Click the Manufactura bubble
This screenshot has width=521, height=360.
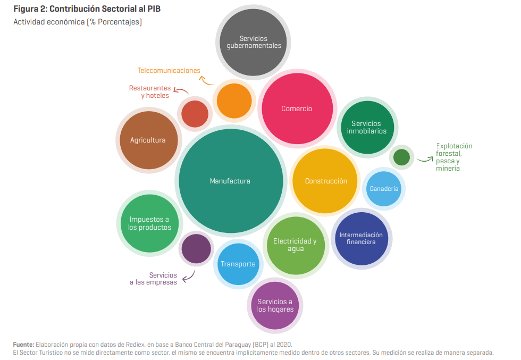[230, 181]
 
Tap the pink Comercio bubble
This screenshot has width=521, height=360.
[297, 108]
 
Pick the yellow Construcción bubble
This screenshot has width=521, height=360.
[325, 181]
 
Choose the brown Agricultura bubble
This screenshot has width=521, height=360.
[148, 140]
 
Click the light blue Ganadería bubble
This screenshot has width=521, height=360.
[383, 188]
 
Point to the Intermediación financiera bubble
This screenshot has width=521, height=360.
[361, 238]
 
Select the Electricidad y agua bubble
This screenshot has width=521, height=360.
[295, 245]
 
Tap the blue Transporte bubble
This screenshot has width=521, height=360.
[238, 264]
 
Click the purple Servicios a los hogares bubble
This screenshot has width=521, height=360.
[275, 305]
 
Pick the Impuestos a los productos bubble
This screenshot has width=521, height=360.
[150, 223]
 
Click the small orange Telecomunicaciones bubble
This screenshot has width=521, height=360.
[234, 101]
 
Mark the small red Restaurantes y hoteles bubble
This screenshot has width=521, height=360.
[195, 113]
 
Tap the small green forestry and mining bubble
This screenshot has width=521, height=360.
[401, 157]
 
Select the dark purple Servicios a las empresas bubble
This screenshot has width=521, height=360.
[196, 248]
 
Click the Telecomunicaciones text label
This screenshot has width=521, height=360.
[169, 70]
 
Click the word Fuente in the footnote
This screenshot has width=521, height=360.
[23, 345]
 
